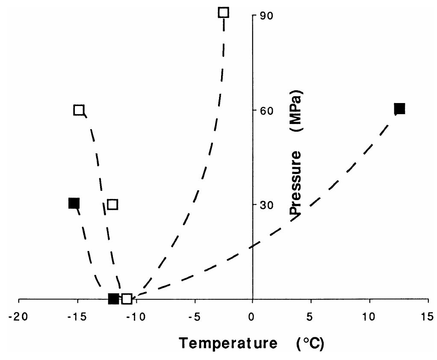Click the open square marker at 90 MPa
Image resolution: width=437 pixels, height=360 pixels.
click(224, 12)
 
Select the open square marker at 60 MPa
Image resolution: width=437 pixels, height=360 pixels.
click(79, 110)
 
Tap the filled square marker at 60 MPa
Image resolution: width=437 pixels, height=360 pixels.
click(399, 109)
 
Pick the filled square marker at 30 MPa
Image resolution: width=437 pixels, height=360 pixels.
click(74, 203)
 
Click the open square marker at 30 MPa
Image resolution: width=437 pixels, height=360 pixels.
click(112, 204)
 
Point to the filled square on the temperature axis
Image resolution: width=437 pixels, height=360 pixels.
click(113, 298)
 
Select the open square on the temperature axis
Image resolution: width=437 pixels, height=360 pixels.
click(127, 298)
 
